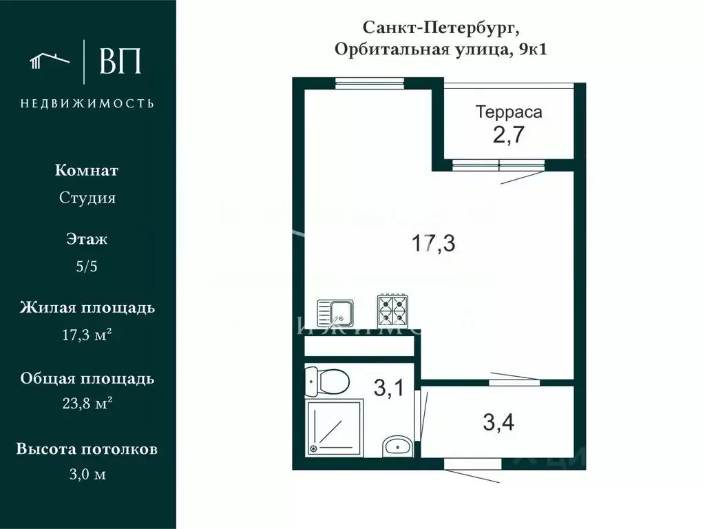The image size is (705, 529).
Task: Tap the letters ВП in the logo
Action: coord(120,61)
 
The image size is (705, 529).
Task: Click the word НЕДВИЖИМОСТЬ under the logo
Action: coord(87,103)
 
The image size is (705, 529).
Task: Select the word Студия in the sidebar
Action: coord(87,198)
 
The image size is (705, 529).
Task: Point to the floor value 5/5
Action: coord(87,267)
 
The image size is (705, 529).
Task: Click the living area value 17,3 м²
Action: coord(87,336)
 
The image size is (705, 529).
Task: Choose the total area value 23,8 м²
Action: coord(87,404)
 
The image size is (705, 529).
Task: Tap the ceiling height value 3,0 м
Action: coord(87,475)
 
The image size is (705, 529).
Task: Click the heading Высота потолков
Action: coord(87,449)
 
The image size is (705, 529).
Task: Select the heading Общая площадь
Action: coord(87,379)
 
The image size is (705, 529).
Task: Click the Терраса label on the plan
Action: coord(509,112)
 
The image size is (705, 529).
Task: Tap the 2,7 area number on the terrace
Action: coord(509,135)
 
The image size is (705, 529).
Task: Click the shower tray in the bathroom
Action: coord(334,426)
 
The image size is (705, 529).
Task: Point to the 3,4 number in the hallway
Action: coord(498,422)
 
